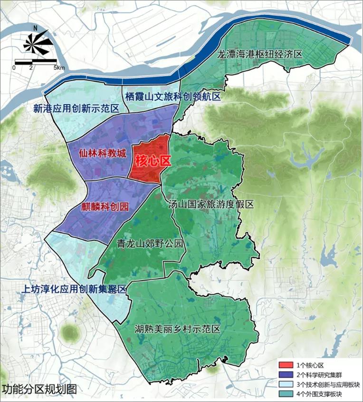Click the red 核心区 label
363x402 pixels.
pos(153,161)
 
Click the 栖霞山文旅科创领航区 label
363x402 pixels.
pos(173,97)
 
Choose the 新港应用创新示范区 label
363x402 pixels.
pos(76,108)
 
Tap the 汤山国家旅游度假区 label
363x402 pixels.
pos(211,204)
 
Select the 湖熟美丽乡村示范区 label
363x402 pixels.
pos(177,329)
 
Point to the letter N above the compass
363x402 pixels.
pos(35,27)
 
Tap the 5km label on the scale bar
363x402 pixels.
pos(59,68)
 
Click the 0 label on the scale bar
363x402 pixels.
pos(14,68)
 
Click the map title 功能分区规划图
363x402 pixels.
pos(39,388)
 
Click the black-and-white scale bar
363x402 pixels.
pos(36,61)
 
